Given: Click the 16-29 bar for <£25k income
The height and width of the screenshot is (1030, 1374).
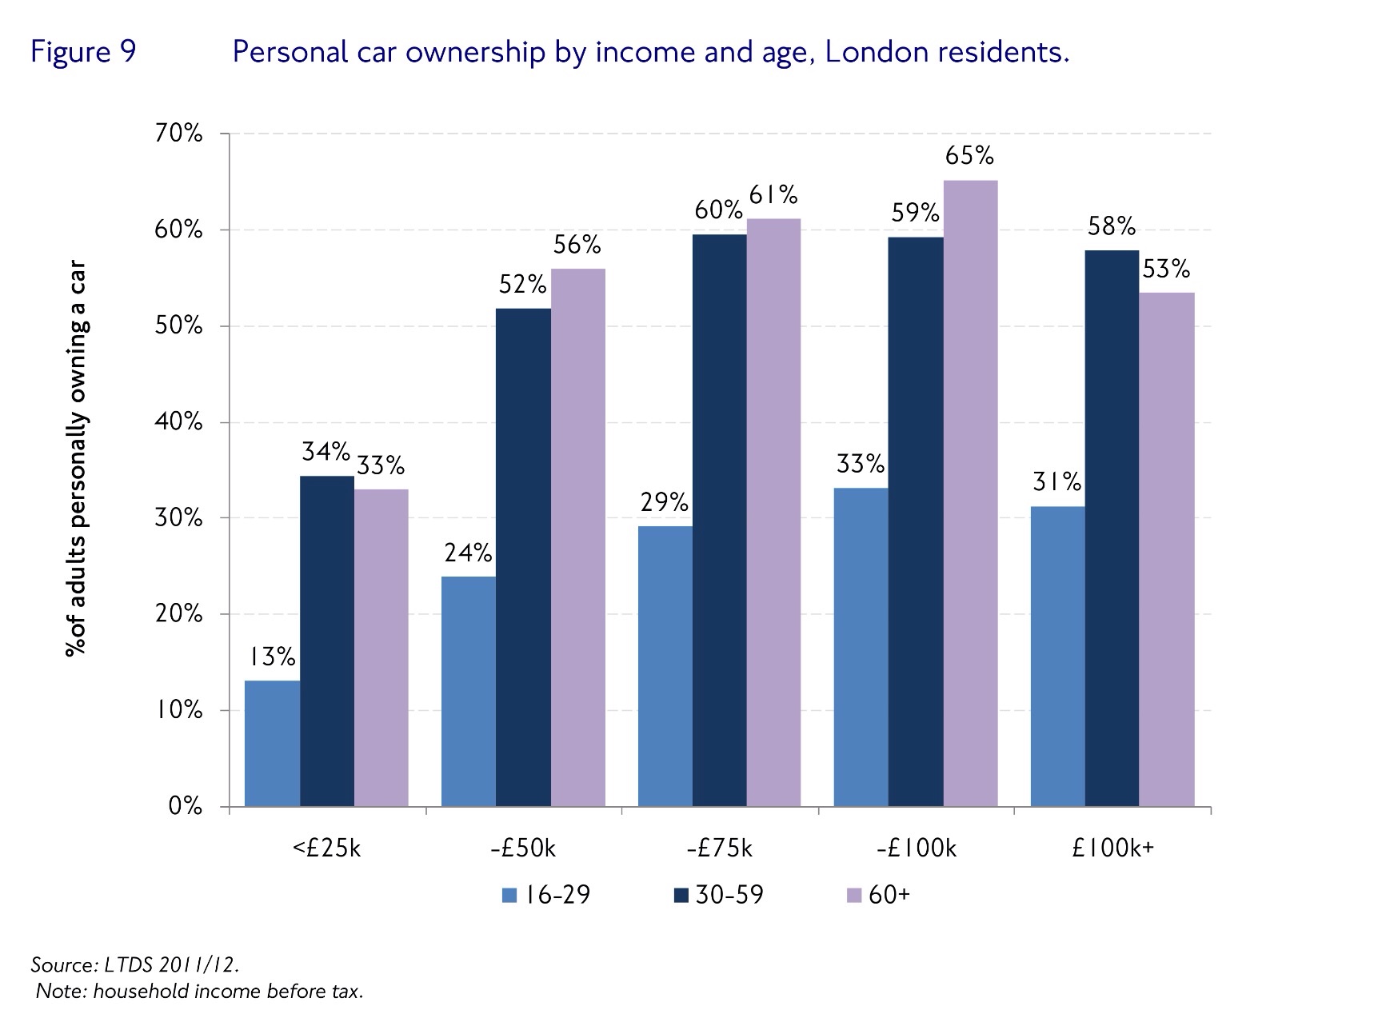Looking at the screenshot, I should (272, 744).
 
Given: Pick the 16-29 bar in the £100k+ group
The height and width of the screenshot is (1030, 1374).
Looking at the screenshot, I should (1057, 657).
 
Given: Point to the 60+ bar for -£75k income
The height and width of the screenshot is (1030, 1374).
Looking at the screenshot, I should (773, 513).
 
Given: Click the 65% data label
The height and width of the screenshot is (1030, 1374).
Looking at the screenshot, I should (969, 156).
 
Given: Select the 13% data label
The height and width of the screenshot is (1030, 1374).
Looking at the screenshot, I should (272, 657).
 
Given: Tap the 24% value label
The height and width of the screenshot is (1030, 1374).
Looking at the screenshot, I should (468, 553).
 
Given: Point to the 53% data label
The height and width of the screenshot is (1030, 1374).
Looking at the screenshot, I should (1166, 269).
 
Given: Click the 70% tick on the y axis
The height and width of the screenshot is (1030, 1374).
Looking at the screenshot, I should (178, 134).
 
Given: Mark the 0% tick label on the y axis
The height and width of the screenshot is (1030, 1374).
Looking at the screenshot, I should (185, 806).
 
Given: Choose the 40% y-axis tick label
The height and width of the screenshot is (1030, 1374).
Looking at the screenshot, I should (178, 422).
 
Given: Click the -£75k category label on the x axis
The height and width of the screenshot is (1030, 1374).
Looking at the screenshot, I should (720, 848).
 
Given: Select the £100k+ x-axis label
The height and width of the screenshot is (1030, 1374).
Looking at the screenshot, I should (1113, 848).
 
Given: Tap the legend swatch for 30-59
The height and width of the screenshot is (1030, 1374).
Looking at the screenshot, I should (681, 896).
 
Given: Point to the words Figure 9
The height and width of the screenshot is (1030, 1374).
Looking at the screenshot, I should (83, 53).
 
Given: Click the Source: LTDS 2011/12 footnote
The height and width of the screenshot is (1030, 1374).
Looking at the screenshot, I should (134, 964).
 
